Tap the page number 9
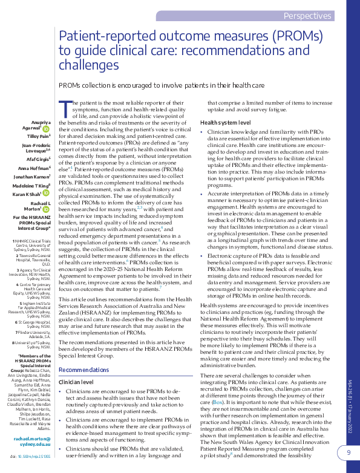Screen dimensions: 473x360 (x=348, y=452)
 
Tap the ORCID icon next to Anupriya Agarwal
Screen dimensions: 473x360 (x=47, y=129)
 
